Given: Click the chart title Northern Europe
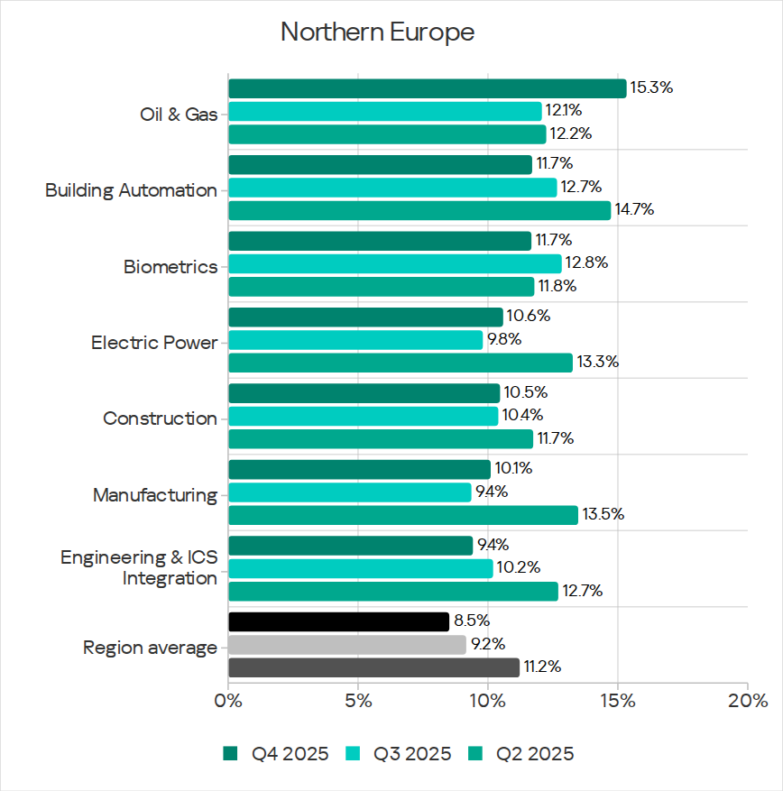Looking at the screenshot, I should tap(377, 32).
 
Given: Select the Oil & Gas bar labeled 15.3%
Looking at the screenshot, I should tap(427, 88).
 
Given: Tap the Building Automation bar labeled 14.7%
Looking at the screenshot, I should tap(419, 210).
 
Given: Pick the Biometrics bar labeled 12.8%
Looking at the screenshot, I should tap(394, 263).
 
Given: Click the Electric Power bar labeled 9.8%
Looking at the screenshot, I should tap(355, 340).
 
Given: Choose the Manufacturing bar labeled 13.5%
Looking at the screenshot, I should tap(403, 515).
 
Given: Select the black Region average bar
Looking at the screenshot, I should tap(338, 621).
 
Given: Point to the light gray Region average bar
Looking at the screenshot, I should tap(347, 645).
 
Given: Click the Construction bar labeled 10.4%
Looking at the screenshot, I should tap(363, 416).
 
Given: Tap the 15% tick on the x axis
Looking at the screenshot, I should tap(617, 701).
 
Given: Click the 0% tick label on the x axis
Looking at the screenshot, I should tap(228, 701).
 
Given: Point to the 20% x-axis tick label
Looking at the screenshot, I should tap(747, 701).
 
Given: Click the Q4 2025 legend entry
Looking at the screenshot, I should tap(276, 754).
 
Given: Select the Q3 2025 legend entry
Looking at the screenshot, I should tap(399, 754).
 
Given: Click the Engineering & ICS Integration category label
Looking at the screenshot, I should tap(139, 568).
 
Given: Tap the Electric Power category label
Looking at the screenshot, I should tap(154, 344).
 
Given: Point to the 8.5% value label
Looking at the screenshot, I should tap(472, 621).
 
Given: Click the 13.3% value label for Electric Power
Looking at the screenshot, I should tap(596, 363).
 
